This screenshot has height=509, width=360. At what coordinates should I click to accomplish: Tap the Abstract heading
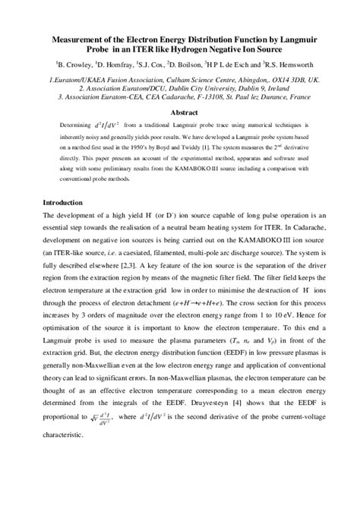180,111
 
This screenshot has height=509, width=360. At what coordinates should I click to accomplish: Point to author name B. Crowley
76,65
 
